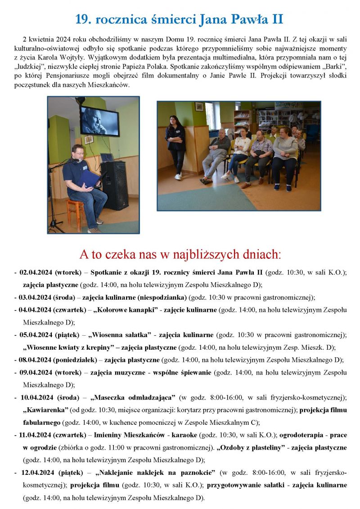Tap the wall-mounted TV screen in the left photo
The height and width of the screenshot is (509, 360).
click(99, 121)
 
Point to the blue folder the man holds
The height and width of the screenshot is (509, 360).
click(90, 178)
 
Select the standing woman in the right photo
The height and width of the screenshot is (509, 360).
click(175, 147)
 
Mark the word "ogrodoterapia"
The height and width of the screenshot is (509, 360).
click(301, 435)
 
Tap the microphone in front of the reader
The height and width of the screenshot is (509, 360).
click(76, 160)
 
